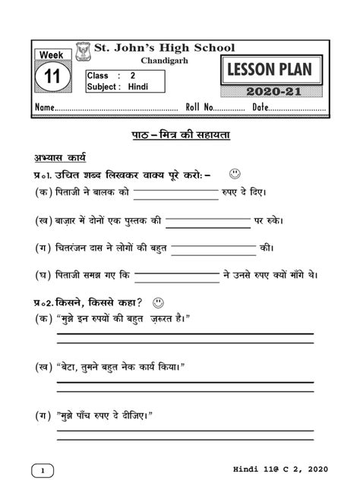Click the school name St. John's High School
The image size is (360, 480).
coord(163,48)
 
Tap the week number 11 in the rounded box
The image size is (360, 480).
coord(52,77)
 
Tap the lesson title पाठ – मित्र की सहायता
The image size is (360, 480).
coord(180,135)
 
